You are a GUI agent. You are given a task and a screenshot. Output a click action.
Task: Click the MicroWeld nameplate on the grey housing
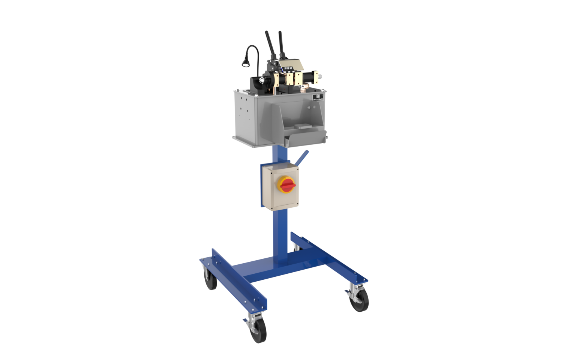318,98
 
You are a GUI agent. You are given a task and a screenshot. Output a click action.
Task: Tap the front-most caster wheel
258,330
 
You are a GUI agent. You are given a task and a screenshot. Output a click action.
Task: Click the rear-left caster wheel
211,279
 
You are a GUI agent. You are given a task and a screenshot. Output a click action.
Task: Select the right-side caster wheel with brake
359,300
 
